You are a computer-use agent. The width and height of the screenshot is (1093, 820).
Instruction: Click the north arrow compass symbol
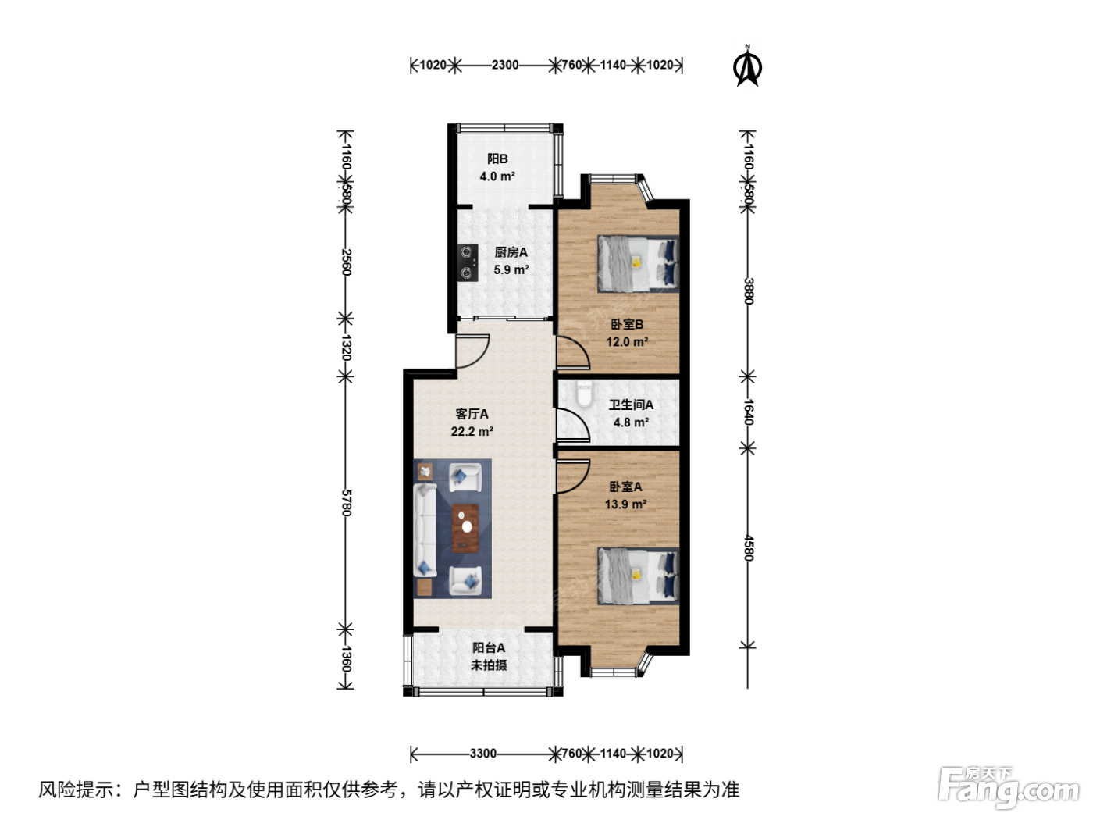coord(747,66)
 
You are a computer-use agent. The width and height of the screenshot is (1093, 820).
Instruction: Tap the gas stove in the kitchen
coord(467,262)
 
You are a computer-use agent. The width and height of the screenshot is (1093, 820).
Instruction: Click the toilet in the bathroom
coord(584,394)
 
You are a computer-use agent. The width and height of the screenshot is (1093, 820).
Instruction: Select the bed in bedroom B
coord(638,263)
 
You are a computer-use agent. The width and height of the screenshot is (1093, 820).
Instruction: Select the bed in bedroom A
coord(638,576)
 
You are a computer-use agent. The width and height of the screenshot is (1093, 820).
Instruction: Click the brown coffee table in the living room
coord(465,528)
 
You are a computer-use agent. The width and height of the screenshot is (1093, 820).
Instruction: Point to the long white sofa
coord(425,530)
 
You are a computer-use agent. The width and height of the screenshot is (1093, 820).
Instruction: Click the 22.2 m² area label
coord(472,431)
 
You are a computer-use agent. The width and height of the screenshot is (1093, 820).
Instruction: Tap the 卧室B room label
coord(627,324)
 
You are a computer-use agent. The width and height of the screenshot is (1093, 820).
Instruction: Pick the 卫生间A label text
coord(631,405)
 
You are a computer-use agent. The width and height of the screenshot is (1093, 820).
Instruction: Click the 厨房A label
coord(511,252)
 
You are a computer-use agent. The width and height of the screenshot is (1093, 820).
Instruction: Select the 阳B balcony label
coord(497,159)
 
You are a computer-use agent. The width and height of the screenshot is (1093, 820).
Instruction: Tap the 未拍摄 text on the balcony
coord(489,665)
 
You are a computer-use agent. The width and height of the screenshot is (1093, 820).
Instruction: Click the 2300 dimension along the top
coord(505,65)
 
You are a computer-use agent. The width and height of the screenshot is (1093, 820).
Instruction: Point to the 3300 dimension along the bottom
coord(482,754)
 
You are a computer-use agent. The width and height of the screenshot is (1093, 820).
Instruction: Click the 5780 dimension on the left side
coord(347,503)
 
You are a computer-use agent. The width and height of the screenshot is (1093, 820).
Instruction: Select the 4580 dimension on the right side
coord(749,547)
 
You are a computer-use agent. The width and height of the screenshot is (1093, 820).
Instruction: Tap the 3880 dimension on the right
coord(749,291)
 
